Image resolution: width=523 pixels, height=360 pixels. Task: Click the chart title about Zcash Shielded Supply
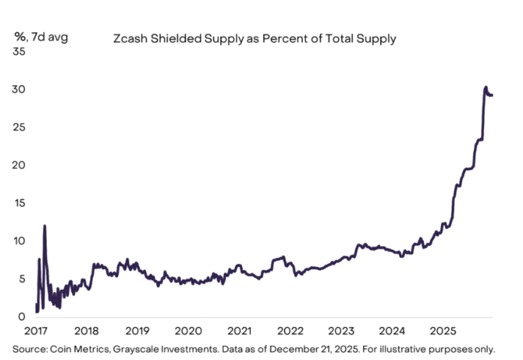(254, 37)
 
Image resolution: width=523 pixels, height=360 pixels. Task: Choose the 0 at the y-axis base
(23, 317)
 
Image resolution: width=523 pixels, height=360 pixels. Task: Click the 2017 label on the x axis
(36, 331)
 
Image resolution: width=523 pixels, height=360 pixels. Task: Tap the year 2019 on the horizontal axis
(138, 331)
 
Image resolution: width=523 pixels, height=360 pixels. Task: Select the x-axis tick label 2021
(239, 331)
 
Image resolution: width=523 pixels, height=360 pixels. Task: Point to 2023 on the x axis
(341, 331)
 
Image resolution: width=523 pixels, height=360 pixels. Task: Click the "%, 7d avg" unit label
(41, 36)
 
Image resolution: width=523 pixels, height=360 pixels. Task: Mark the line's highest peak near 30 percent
(485, 88)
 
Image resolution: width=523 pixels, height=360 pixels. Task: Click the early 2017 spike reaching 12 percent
(45, 225)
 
